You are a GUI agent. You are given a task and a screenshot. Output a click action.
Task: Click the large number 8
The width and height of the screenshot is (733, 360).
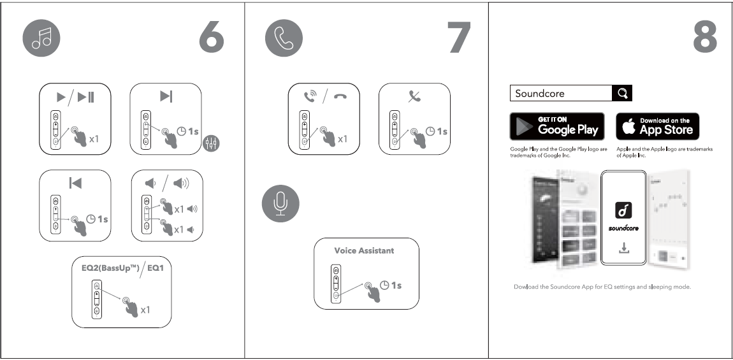[704, 39]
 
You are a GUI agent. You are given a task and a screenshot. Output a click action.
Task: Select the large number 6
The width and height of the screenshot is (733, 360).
[212, 39]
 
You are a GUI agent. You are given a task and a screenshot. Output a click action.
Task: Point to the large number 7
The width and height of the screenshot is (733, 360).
[458, 39]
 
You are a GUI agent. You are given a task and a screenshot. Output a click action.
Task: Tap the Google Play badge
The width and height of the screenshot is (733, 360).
[557, 126]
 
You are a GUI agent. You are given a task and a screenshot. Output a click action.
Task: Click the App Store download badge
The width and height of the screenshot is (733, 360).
[657, 126]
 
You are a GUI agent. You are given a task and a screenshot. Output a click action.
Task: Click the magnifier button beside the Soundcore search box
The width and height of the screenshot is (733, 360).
[622, 93]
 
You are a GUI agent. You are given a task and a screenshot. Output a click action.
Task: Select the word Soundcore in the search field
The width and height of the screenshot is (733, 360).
[540, 94]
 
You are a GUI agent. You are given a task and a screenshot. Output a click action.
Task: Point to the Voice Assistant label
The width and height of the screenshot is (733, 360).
[364, 250]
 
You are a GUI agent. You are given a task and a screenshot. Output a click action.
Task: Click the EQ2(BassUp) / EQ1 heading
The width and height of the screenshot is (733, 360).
[122, 269]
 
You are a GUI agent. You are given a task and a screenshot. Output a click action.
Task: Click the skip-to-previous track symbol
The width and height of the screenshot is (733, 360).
[75, 184]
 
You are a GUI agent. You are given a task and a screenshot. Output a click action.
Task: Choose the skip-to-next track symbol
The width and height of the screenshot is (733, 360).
[166, 96]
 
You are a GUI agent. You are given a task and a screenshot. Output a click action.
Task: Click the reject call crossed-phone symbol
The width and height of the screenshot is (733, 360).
[414, 97]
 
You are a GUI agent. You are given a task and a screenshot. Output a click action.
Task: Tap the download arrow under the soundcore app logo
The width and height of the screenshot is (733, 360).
[624, 248]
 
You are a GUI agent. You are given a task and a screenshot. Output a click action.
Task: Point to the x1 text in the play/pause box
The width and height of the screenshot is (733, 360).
[94, 139]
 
